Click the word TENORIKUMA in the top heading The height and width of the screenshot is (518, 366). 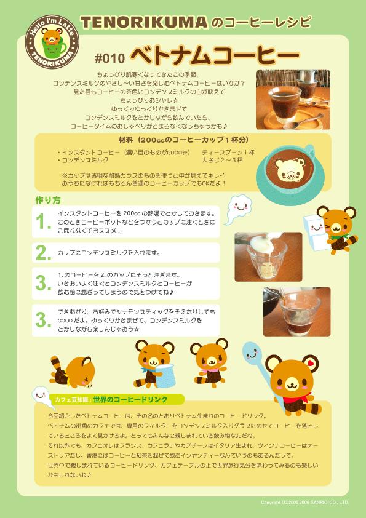pyautogui.click(x=144, y=23)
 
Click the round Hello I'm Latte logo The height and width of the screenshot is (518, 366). pyautogui.click(x=52, y=42)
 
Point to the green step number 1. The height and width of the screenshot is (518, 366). pyautogui.click(x=44, y=221)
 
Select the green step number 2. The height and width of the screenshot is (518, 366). pyautogui.click(x=44, y=253)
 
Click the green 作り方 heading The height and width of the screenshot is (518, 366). pyautogui.click(x=48, y=200)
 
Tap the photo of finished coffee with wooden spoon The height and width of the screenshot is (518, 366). pyautogui.click(x=293, y=99)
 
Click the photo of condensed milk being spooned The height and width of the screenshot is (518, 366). pyautogui.click(x=268, y=257)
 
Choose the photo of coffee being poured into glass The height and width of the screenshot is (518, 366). pyautogui.click(x=296, y=311)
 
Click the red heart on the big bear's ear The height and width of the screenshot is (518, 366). pyautogui.click(x=310, y=362)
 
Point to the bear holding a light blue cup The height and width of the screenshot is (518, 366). pyautogui.click(x=154, y=364)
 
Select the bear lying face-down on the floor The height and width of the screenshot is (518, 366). pyautogui.click(x=73, y=372)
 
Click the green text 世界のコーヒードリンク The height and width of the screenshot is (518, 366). pyautogui.click(x=130, y=399)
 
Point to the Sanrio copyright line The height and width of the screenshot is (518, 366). pyautogui.click(x=304, y=503)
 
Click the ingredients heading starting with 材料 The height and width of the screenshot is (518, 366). pyautogui.click(x=183, y=140)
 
